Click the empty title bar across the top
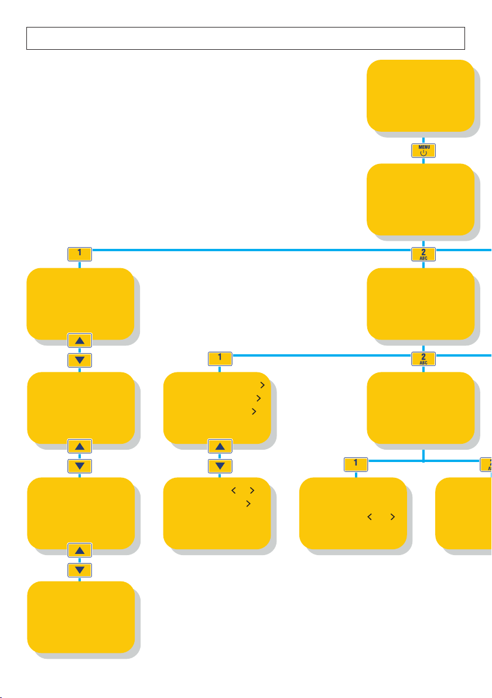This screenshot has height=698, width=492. point(245,38)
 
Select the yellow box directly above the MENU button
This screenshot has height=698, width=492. point(420,95)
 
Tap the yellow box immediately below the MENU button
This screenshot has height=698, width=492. point(420,199)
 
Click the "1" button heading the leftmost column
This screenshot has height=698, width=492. point(80,254)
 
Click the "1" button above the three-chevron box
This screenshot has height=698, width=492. point(220,357)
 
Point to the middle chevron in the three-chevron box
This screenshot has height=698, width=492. point(258,398)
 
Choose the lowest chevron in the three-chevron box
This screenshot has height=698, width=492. point(254,412)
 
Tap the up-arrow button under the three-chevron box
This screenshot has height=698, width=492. point(220,447)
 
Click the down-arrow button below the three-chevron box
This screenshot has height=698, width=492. point(220,466)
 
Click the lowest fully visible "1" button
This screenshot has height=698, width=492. point(356,464)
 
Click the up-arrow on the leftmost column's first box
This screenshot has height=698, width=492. point(80,340)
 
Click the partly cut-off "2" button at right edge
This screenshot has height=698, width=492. point(486,464)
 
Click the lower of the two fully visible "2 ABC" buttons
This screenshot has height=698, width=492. point(423,358)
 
